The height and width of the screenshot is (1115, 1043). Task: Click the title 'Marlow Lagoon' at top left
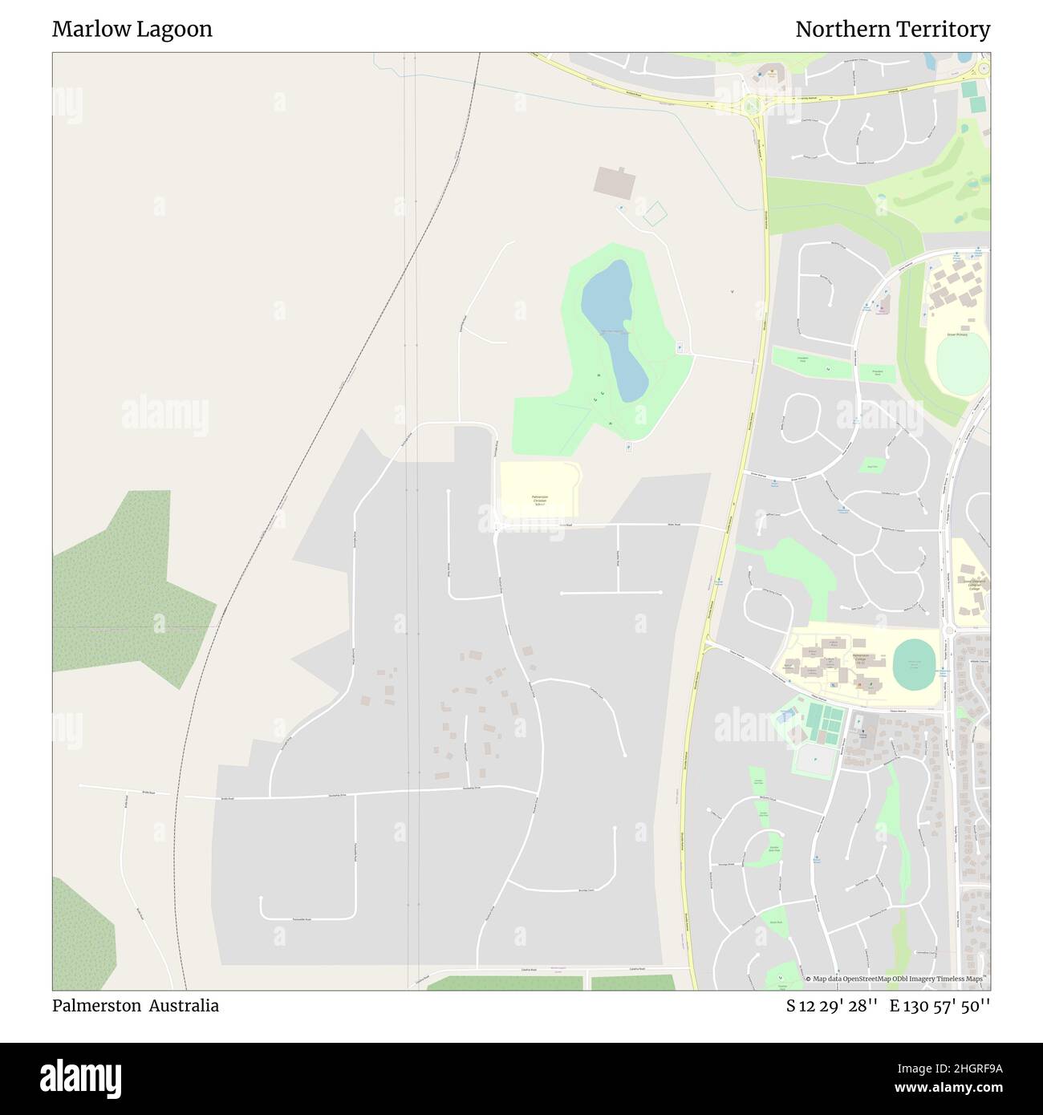tap(132, 30)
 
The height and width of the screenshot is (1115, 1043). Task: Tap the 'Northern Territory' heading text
tap(892, 30)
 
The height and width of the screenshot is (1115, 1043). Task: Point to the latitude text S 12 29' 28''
tap(827, 1006)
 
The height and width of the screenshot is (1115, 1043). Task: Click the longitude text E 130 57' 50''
tap(940, 1006)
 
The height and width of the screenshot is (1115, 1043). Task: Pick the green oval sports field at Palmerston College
tap(915, 663)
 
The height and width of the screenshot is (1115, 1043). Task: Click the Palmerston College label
tap(859, 660)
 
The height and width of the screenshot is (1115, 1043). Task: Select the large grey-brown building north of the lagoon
tap(615, 181)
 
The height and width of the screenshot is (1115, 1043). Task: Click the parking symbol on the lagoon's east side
tap(680, 347)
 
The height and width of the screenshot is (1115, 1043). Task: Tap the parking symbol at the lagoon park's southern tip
tap(628, 446)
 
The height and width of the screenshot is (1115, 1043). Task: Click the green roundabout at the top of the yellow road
tap(752, 104)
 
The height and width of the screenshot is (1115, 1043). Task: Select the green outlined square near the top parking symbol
tap(655, 213)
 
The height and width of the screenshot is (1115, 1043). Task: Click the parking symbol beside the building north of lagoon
tap(619, 209)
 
